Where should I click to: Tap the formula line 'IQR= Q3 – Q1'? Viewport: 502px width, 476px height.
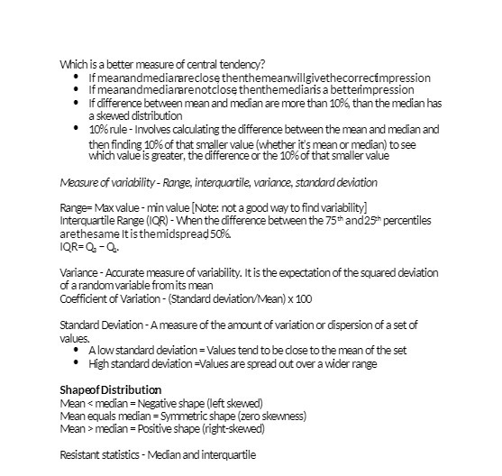(x=90, y=247)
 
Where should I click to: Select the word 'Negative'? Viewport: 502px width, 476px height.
(x=156, y=402)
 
